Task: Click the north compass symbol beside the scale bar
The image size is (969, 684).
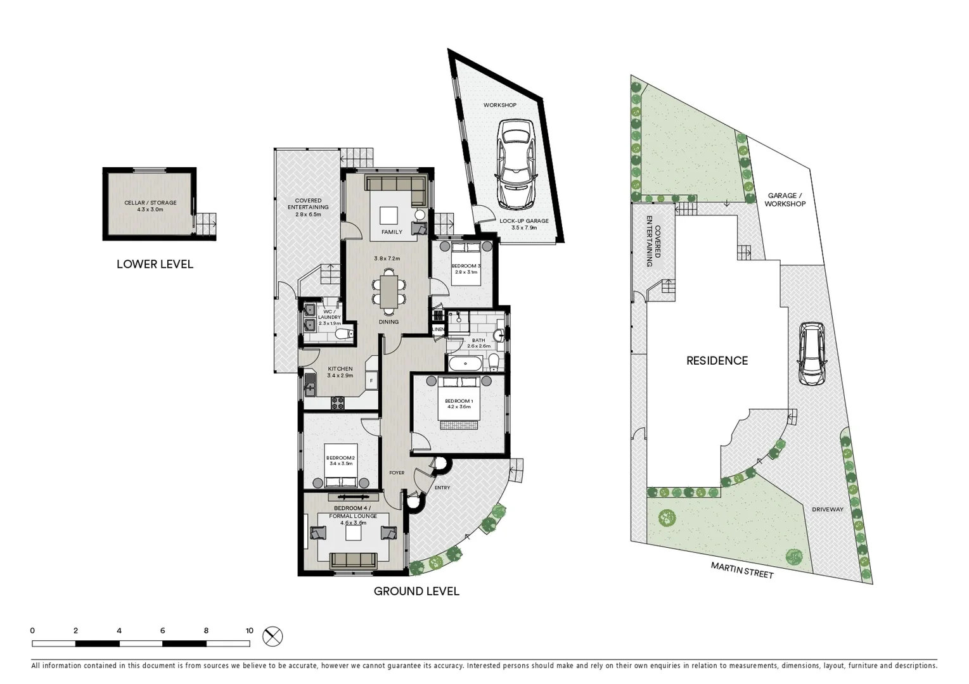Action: [x=273, y=636]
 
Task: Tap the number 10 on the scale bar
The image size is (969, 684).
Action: [x=250, y=631]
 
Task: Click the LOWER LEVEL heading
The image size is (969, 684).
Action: [x=155, y=264]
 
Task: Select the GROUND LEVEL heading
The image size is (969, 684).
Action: [x=416, y=592]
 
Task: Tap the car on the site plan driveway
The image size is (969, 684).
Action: [x=812, y=353]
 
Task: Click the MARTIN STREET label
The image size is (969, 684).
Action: [x=742, y=570]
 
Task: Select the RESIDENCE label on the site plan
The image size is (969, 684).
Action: [x=717, y=360]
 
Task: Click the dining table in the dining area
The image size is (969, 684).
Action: [x=389, y=291]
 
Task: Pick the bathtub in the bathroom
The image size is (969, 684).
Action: [x=465, y=364]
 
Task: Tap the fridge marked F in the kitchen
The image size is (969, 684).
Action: [x=371, y=381]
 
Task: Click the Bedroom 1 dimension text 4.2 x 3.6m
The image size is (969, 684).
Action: [x=459, y=407]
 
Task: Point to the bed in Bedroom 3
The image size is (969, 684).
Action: [x=466, y=263]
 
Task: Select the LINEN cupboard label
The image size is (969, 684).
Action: [x=438, y=329]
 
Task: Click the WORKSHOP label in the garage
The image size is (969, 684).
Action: [x=500, y=105]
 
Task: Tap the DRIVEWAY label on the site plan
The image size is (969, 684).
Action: [x=828, y=509]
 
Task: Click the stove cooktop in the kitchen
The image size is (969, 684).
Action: [x=338, y=403]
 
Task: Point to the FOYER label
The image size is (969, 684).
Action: [x=397, y=472]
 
